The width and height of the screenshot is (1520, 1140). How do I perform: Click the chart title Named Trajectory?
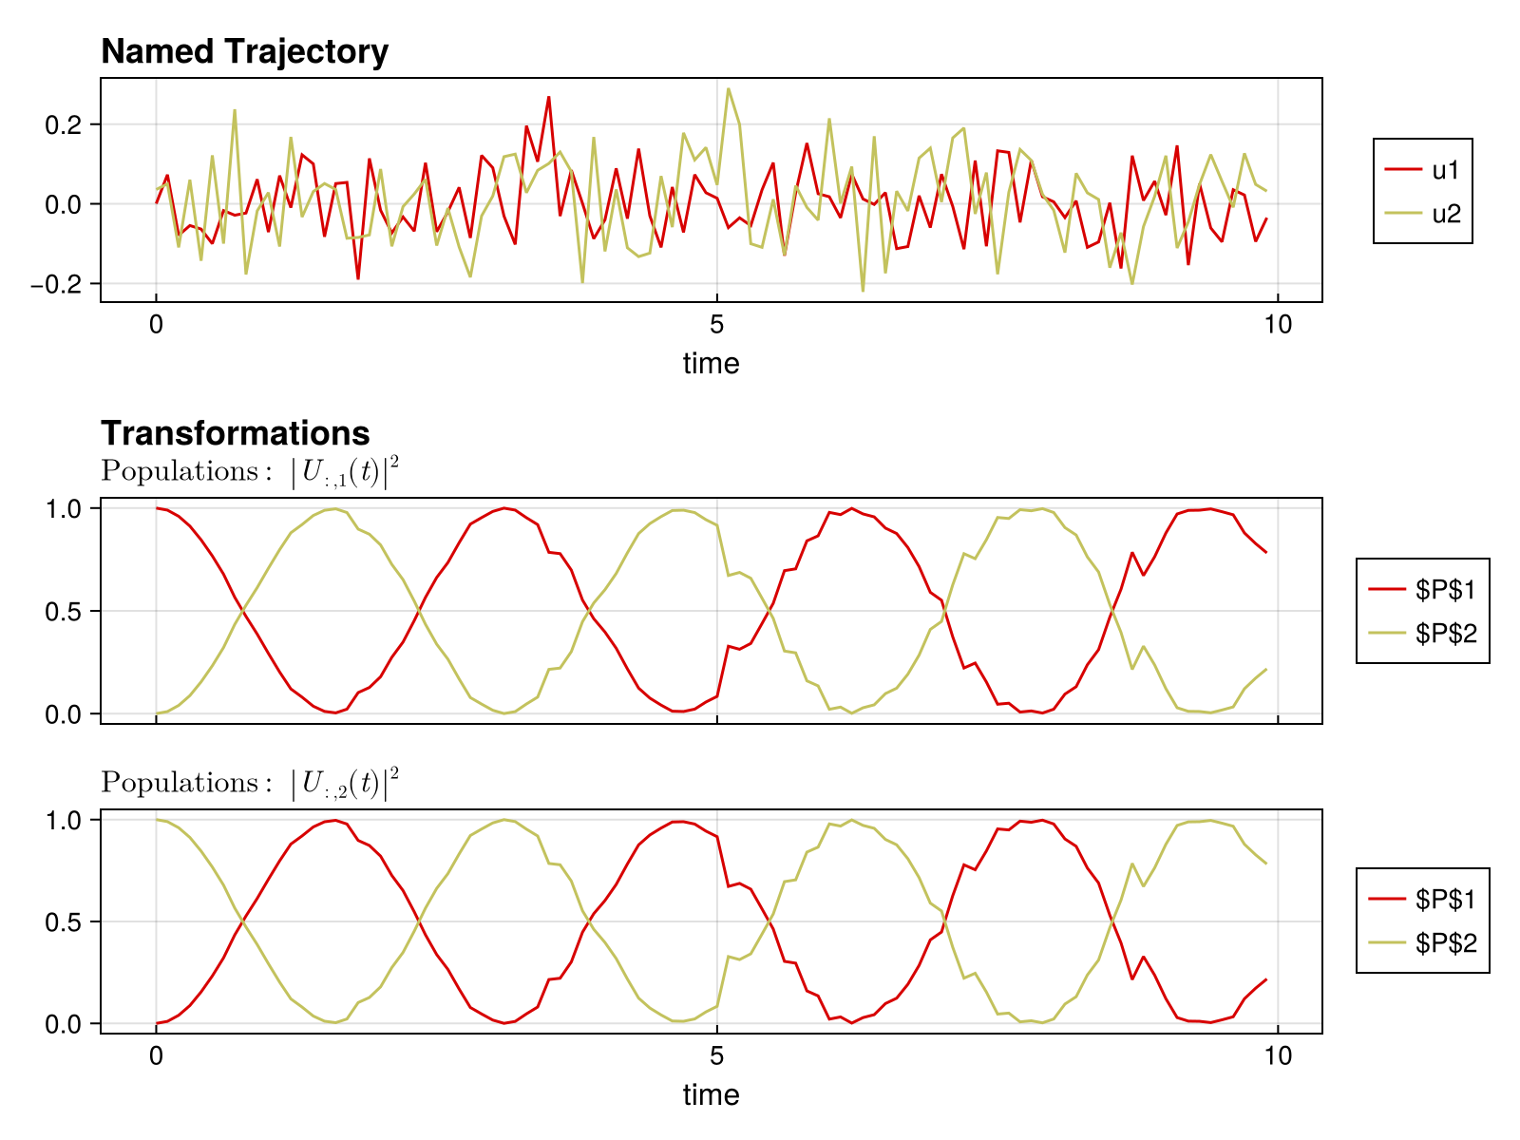click(244, 51)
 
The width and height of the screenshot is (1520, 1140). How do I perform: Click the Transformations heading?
click(235, 433)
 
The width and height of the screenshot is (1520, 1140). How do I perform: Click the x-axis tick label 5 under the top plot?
click(717, 325)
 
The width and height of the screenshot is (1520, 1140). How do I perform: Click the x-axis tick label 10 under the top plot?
click(1278, 325)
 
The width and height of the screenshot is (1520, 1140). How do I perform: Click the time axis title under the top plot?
click(711, 363)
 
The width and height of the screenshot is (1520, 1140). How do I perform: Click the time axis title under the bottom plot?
click(711, 1094)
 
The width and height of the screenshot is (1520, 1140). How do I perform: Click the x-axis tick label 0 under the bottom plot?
click(156, 1055)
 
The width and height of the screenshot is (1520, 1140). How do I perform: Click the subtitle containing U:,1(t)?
click(250, 471)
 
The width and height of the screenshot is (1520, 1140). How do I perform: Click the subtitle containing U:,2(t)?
click(250, 783)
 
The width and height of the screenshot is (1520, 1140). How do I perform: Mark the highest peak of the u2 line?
click(729, 89)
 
